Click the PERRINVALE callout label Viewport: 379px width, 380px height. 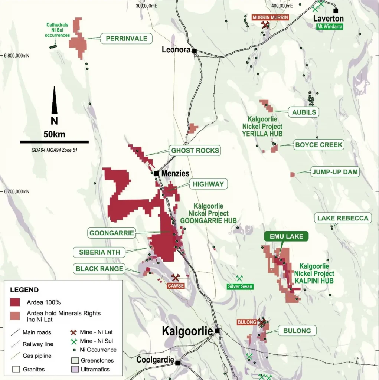coord(126,39)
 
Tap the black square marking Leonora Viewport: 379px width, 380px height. coord(194,51)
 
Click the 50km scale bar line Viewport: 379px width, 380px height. coord(54,142)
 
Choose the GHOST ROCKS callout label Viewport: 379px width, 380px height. coord(195,151)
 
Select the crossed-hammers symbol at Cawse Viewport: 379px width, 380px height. coord(176,278)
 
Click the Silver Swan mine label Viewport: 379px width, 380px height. coord(240,286)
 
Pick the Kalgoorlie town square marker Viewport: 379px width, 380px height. coord(217,331)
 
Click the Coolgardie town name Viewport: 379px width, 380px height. coord(155,360)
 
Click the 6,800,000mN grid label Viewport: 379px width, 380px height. coord(17,56)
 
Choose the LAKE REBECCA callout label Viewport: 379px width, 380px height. coord(343,218)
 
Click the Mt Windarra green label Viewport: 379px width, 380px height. coord(329,26)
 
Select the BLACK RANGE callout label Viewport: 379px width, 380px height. coord(99,269)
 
